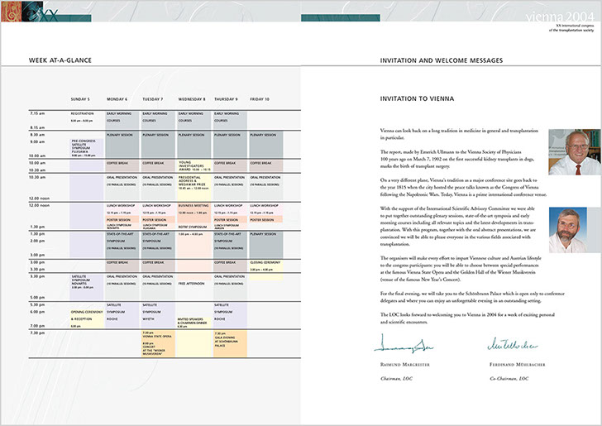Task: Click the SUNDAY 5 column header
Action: tap(80, 98)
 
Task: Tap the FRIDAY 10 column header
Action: tap(260, 98)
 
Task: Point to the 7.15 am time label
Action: tap(37, 112)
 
